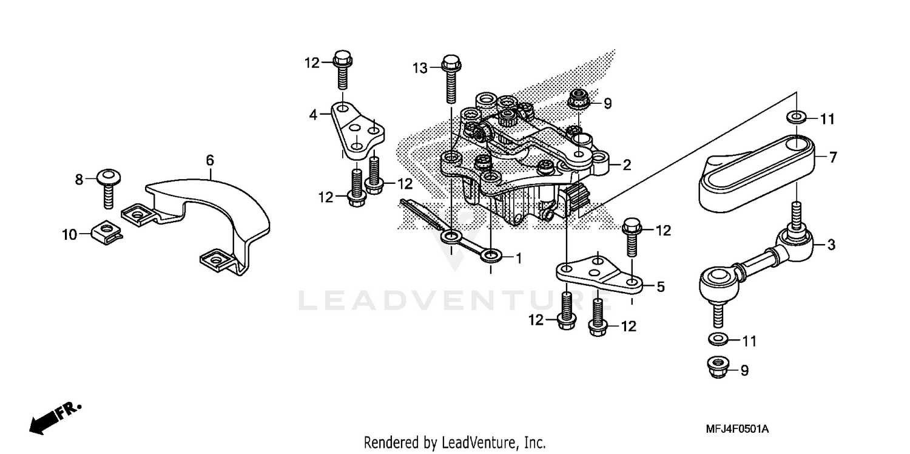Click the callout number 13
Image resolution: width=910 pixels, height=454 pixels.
[x=420, y=68]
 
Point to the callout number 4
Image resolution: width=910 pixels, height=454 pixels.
[x=314, y=113]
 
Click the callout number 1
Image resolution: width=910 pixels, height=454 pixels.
[x=518, y=258]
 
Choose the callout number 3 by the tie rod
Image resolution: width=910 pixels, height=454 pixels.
[x=831, y=245]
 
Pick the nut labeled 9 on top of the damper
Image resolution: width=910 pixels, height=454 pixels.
[x=578, y=101]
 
